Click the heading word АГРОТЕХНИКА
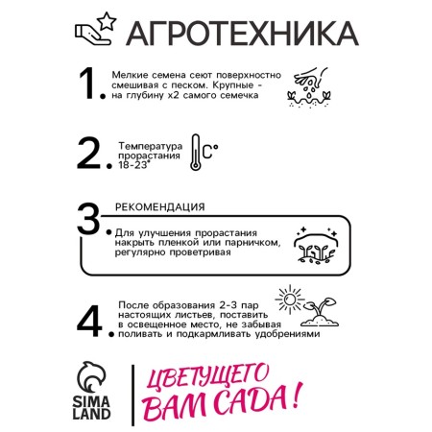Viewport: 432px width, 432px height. [x=242, y=34]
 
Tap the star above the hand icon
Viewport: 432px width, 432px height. [x=107, y=21]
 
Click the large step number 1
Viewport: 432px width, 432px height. [x=89, y=84]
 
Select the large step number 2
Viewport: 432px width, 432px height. [x=89, y=154]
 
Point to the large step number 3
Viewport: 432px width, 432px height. [x=88, y=219]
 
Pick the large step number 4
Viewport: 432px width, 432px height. [x=89, y=321]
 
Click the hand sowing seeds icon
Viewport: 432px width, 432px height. [x=309, y=87]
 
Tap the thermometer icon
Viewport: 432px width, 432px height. [x=195, y=152]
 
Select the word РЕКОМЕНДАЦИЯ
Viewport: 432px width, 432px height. [x=160, y=207]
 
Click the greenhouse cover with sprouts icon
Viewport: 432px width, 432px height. [x=316, y=246]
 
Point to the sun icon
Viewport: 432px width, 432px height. [x=290, y=300]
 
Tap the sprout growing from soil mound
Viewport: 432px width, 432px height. [x=320, y=312]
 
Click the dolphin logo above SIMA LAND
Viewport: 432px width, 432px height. [x=91, y=377]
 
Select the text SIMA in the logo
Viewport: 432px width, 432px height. [x=91, y=401]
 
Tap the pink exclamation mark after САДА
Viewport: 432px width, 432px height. [x=297, y=396]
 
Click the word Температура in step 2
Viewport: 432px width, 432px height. [x=151, y=146]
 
